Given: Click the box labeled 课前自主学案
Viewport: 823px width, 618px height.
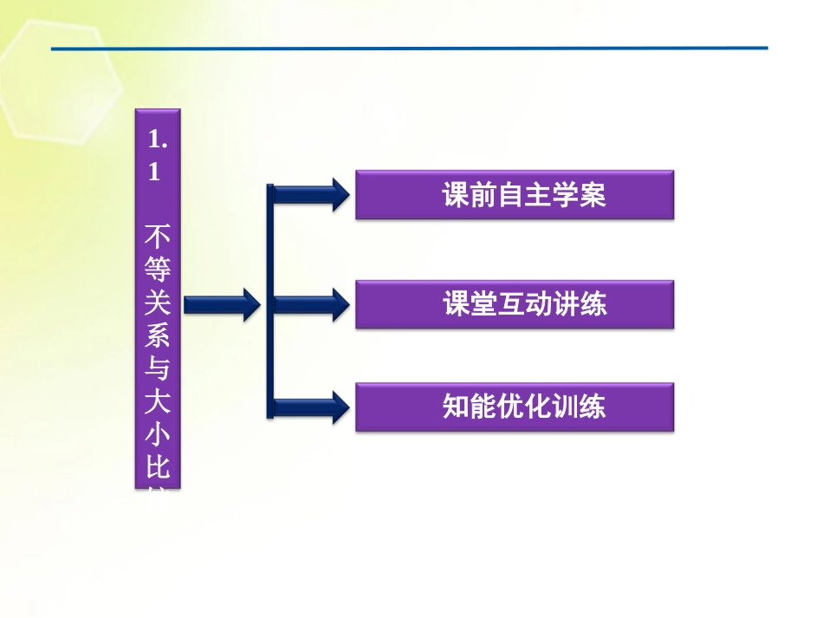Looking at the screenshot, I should click(x=515, y=195).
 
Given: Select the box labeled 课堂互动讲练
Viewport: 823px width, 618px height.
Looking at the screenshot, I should click(x=515, y=304).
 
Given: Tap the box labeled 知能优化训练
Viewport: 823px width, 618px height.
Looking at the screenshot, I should click(x=515, y=407).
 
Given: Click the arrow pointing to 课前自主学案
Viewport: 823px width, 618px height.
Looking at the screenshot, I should click(x=312, y=194).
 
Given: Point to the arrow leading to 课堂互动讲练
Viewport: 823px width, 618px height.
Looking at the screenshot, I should click(x=312, y=304).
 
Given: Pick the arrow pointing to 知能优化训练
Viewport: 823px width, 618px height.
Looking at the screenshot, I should click(x=312, y=407).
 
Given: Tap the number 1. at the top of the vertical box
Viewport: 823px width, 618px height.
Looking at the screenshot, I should click(x=157, y=139).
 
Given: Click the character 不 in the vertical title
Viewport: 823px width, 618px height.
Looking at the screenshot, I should click(x=157, y=236).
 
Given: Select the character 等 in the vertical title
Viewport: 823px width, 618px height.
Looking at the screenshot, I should click(x=157, y=269).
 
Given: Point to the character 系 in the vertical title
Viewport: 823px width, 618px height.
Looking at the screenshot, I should click(x=157, y=336).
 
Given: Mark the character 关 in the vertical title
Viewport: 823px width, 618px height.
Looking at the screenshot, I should click(x=157, y=302).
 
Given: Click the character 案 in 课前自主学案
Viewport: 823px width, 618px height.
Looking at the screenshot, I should click(x=593, y=195).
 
